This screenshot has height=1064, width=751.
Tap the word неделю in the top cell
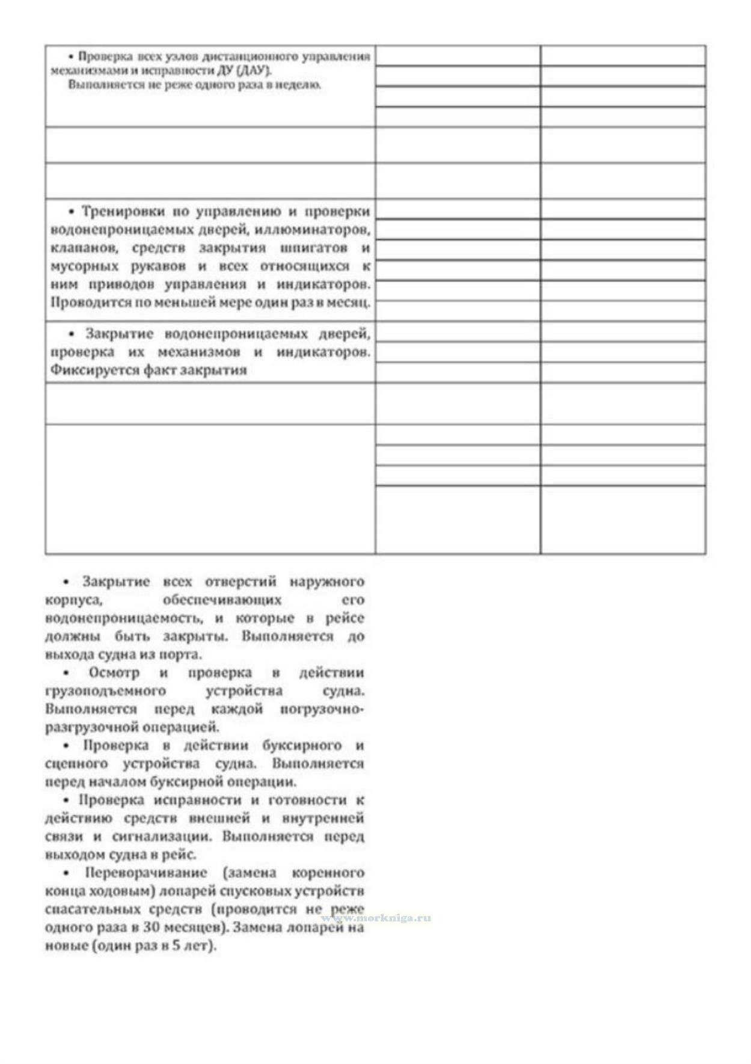299,85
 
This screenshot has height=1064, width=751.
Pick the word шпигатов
313,248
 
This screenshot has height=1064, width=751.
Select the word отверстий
241,582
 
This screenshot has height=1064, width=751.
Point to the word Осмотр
114,672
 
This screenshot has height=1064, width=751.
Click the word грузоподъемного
105,690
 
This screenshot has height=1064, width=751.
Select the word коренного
328,873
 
